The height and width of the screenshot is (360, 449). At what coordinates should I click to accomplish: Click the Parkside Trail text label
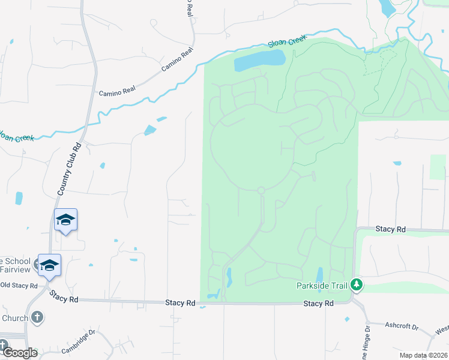click(x=323, y=285)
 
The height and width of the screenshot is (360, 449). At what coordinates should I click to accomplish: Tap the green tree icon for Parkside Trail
click(x=357, y=284)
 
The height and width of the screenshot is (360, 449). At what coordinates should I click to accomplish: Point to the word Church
click(x=14, y=317)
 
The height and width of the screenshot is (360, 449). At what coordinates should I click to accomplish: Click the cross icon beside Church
click(x=37, y=317)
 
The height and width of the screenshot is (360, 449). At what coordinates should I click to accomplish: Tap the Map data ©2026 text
click(x=423, y=355)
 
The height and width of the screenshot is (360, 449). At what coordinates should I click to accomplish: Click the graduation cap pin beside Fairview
click(x=49, y=264)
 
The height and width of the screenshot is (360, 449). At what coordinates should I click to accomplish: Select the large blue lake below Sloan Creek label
click(x=259, y=59)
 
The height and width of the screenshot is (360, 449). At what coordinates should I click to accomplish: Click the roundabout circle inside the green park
click(x=261, y=191)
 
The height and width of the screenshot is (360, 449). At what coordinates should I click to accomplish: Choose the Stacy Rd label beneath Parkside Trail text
click(x=318, y=304)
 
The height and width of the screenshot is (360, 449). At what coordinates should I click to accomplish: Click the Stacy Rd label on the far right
click(x=391, y=229)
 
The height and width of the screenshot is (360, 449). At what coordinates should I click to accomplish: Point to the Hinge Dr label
click(x=366, y=342)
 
